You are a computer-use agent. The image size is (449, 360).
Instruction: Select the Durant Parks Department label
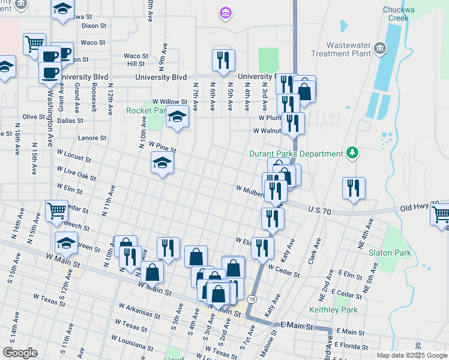[x=295, y=154]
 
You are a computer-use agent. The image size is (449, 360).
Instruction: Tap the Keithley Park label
[x=333, y=310]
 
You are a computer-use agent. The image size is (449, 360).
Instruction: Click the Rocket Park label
[x=145, y=110]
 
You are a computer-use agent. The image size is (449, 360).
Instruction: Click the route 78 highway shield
[x=251, y=299]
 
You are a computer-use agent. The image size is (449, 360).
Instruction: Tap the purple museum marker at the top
[x=226, y=13]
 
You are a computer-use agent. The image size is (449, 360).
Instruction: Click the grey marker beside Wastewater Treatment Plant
[x=379, y=48]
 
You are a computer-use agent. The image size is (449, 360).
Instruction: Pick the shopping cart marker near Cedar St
[x=56, y=211]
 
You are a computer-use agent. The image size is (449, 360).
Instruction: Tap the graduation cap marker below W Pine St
[x=162, y=163]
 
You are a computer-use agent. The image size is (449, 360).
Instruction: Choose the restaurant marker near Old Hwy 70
[x=354, y=188]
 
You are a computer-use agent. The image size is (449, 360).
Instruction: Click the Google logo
[x=20, y=353]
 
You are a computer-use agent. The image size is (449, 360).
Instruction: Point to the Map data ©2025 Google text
[x=411, y=355]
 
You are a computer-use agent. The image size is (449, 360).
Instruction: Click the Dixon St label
[x=94, y=26]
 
